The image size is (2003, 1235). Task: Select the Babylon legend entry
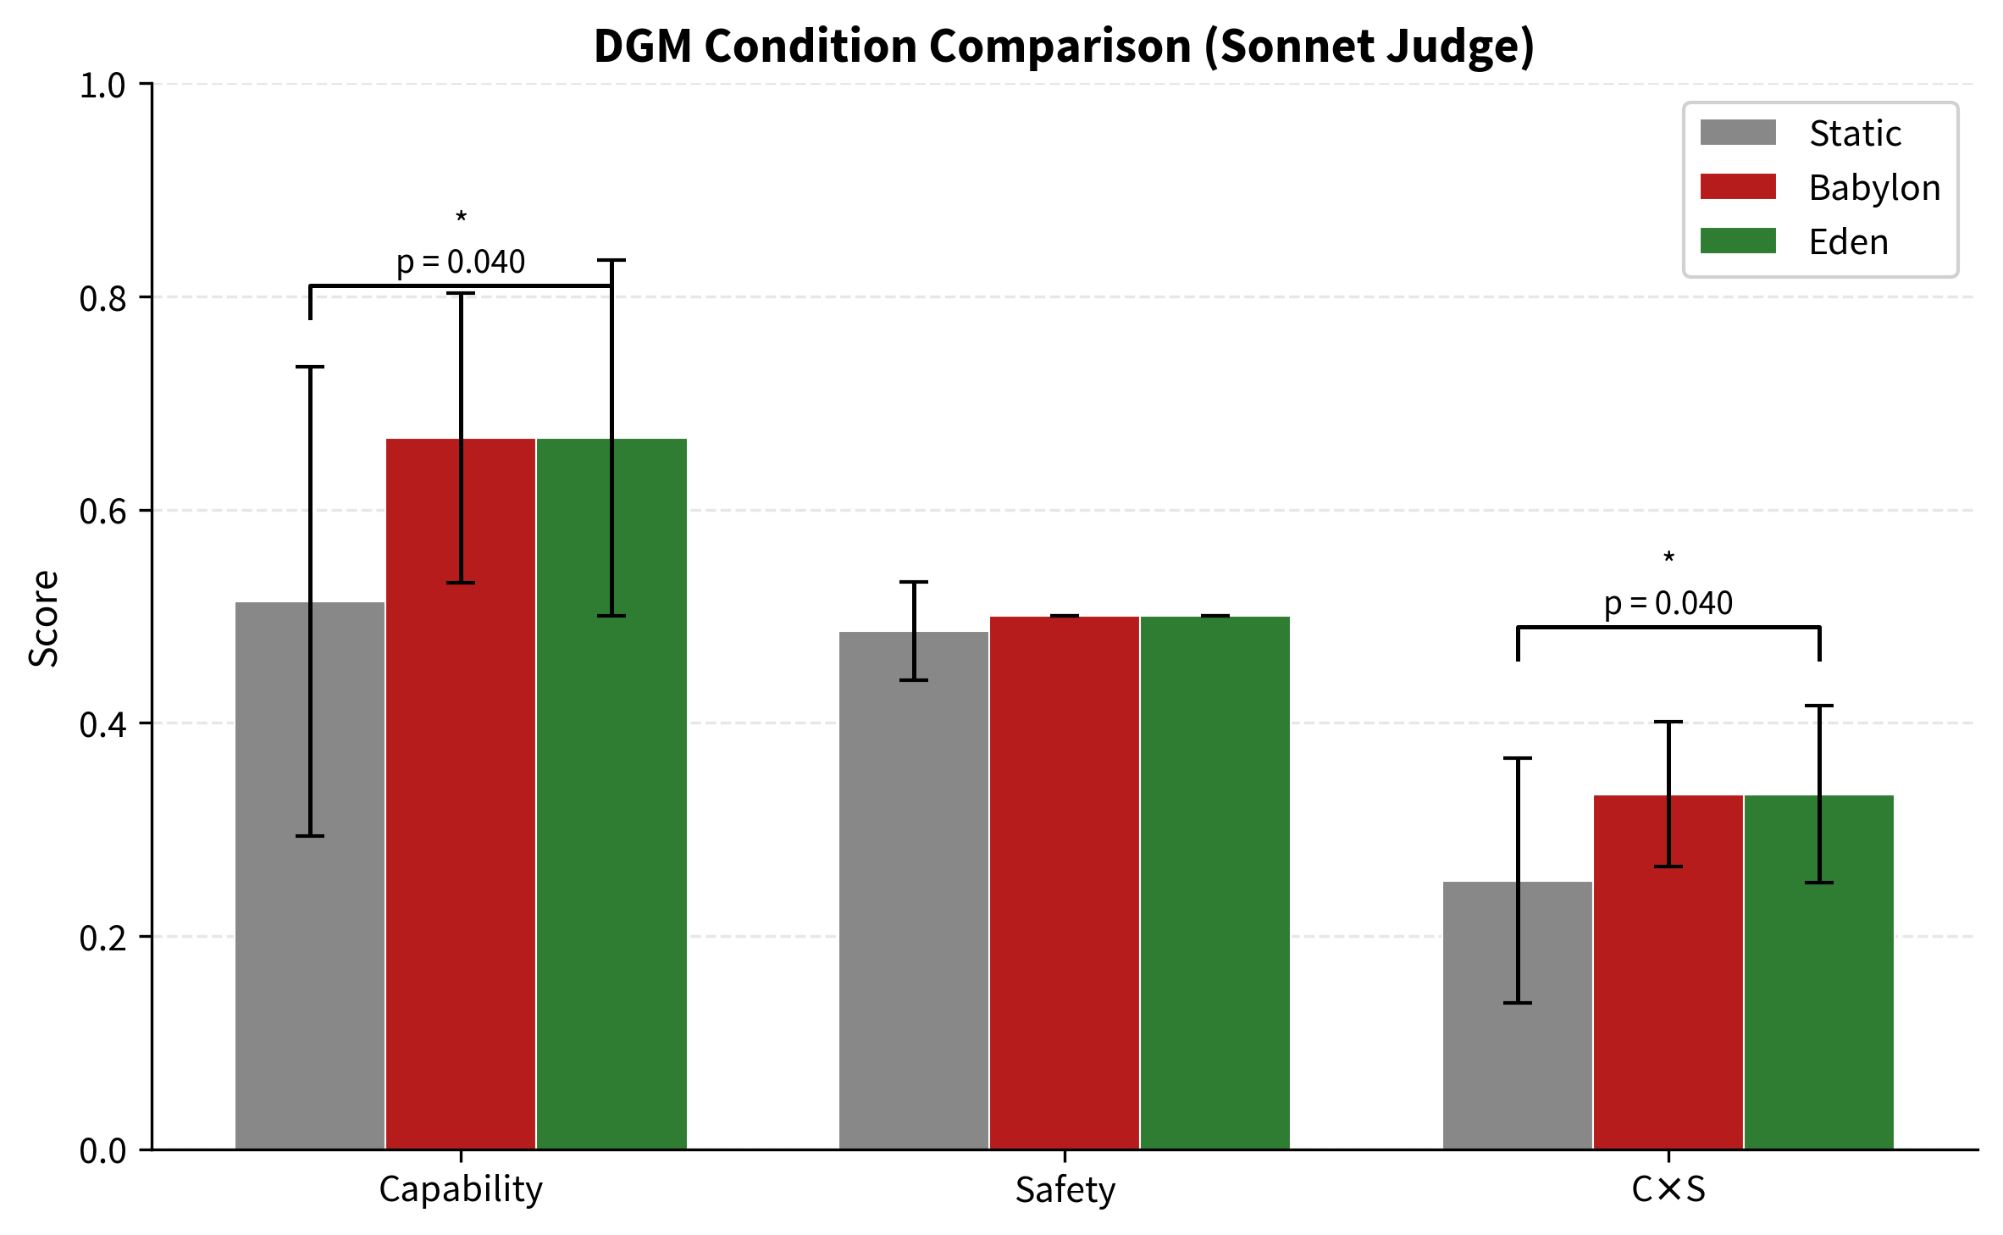click(x=1873, y=187)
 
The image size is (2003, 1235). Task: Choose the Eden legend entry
click(x=1847, y=241)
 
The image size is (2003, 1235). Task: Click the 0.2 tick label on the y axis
click(x=102, y=938)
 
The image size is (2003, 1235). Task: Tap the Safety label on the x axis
click(x=1065, y=1189)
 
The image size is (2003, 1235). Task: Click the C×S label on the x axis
click(x=1668, y=1189)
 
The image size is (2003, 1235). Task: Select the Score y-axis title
click(x=43, y=617)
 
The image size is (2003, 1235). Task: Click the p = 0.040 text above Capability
click(x=461, y=262)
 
